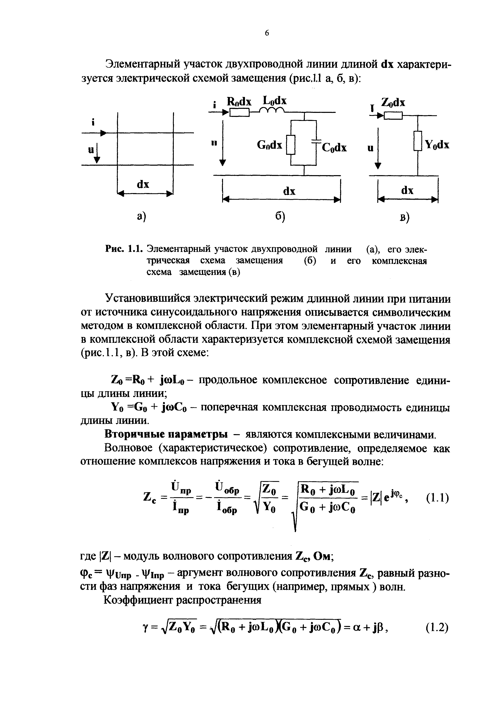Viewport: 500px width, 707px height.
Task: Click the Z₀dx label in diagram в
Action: [x=393, y=103]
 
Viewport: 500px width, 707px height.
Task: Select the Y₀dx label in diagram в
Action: [x=437, y=145]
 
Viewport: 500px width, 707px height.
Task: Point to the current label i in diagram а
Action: [x=92, y=122]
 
